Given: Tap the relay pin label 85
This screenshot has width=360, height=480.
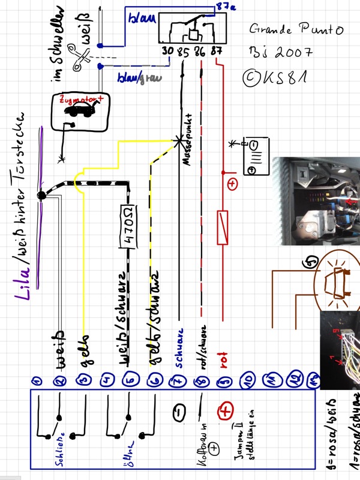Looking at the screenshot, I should tap(183, 52).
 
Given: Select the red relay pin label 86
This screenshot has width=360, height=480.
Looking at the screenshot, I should tap(200, 52).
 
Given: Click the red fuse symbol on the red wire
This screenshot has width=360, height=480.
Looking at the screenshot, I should tap(224, 228).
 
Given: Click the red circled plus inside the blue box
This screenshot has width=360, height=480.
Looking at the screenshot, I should tap(226, 412).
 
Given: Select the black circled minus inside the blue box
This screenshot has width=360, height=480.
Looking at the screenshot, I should tap(179, 412).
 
